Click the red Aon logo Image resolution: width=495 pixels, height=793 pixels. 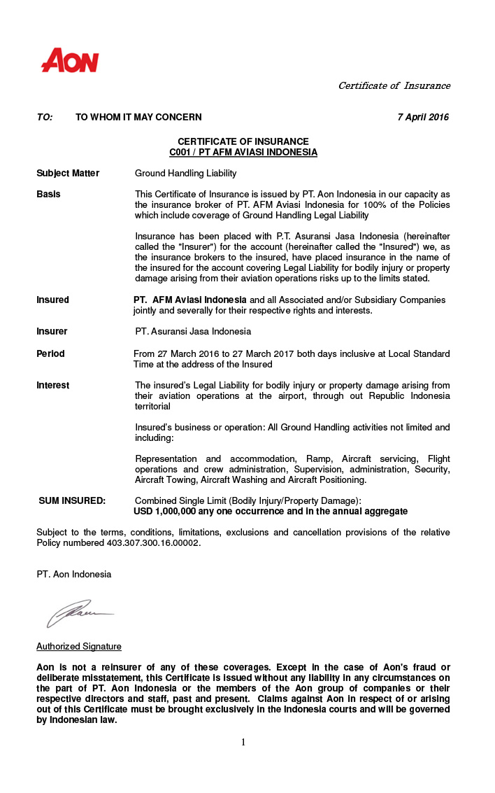point(70,61)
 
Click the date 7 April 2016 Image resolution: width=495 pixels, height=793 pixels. point(422,117)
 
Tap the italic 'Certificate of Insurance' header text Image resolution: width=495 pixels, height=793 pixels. point(394,85)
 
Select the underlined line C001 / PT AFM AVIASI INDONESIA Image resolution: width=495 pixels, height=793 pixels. point(243,152)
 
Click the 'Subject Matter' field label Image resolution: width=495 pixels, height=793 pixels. point(68,173)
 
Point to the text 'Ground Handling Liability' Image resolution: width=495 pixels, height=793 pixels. point(185,173)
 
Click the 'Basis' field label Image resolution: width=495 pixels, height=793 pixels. point(48,194)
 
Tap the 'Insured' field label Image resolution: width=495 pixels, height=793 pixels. point(52,300)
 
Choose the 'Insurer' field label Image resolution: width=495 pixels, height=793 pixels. point(52,331)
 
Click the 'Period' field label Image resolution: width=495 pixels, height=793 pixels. point(50,353)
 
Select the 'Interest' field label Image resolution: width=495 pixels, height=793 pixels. point(52,385)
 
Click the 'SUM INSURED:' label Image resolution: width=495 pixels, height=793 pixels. point(72,500)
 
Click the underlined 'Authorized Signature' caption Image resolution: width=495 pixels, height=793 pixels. point(78,646)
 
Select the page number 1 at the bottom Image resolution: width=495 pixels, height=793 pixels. point(243,742)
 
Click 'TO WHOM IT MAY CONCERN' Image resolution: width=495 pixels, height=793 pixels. point(138,117)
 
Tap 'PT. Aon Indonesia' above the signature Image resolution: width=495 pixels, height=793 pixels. point(73,574)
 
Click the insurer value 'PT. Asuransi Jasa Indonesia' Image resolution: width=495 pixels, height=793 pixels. point(193,331)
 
